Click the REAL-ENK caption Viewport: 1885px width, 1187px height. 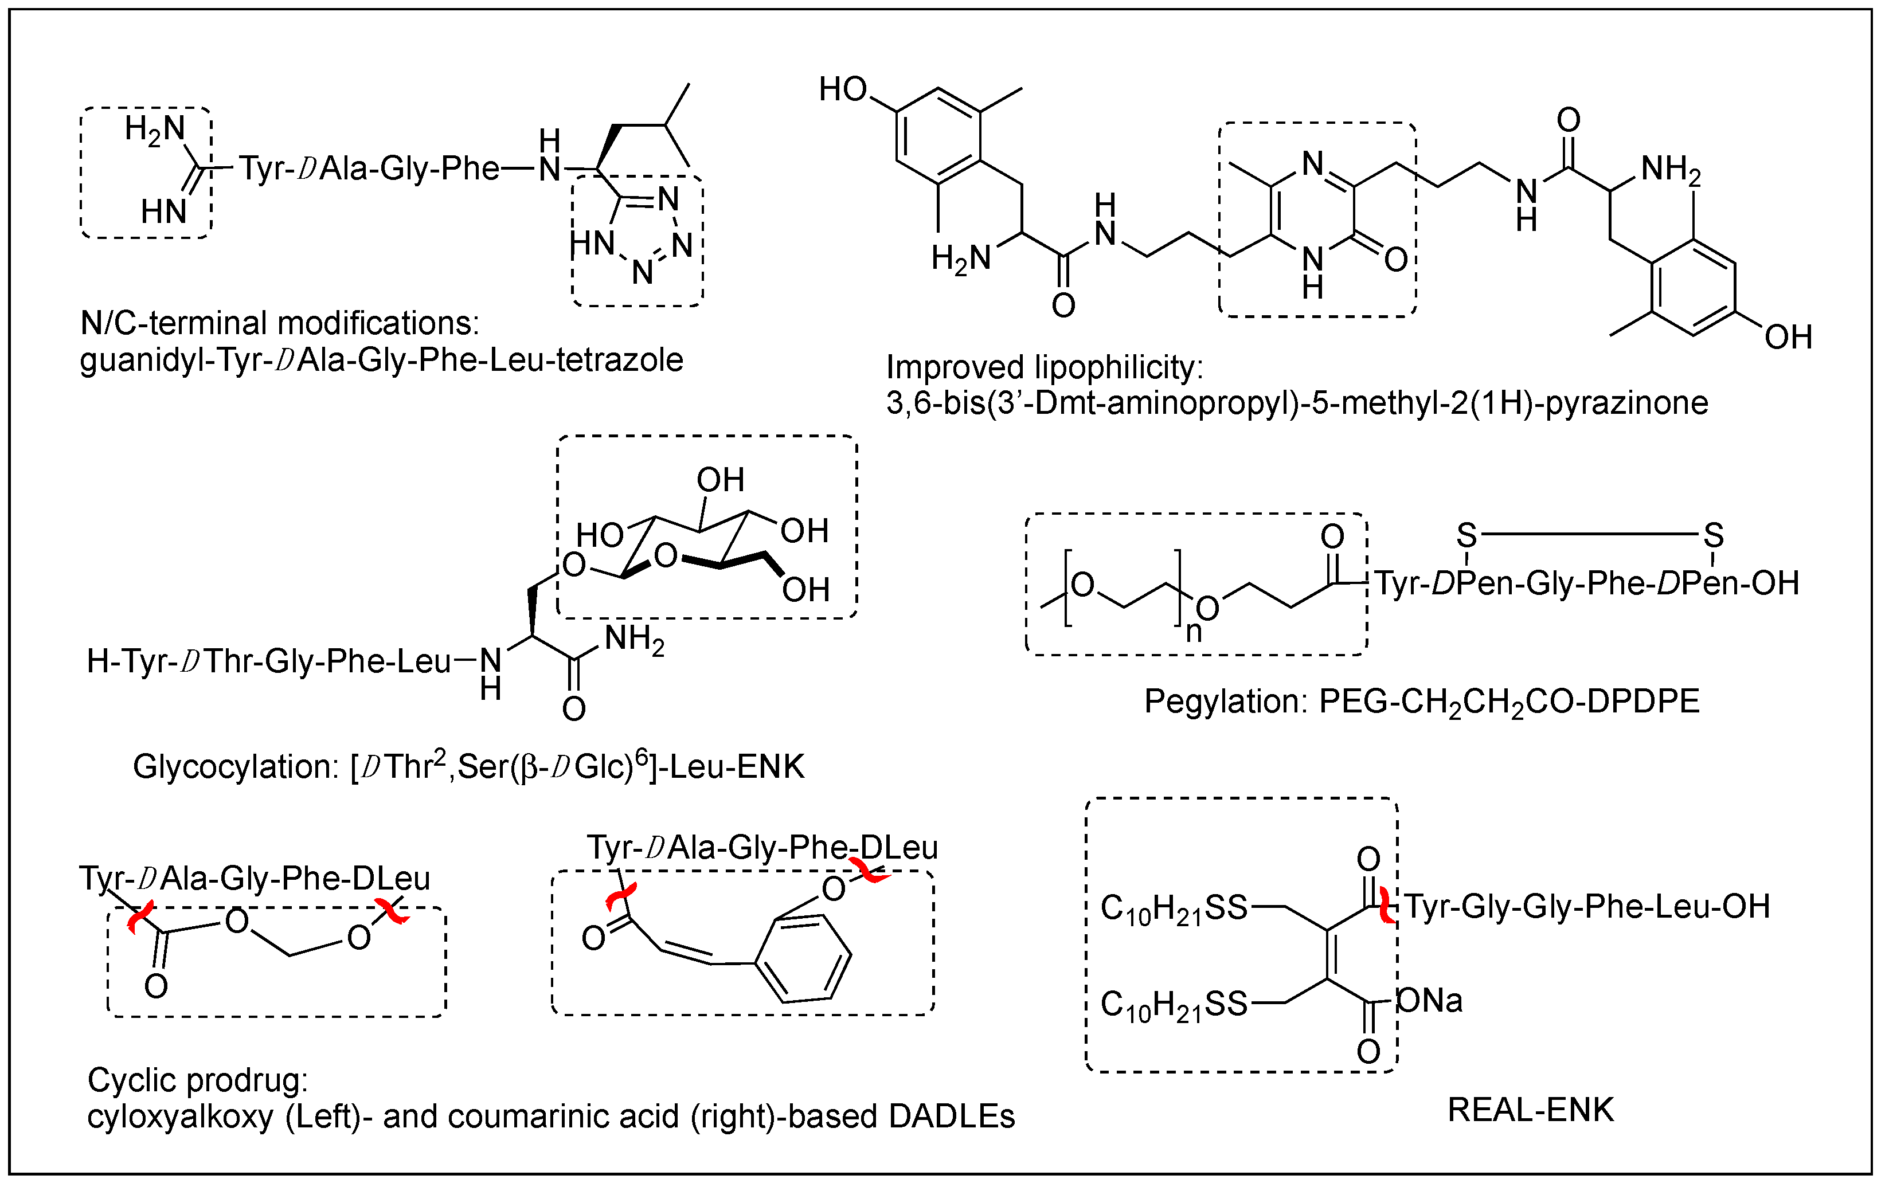tap(1530, 1110)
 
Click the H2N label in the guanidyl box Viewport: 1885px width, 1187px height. tap(155, 130)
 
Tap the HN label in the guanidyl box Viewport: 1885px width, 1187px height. tap(163, 211)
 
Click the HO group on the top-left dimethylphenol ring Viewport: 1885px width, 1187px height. tap(843, 89)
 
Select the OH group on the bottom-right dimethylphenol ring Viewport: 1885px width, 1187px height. tap(1788, 337)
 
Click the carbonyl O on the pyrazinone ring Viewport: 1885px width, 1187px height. tap(1396, 259)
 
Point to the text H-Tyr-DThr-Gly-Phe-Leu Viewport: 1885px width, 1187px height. tap(268, 662)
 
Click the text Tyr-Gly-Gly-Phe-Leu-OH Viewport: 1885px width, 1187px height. tap(1587, 907)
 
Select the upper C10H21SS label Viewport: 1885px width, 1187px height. tap(1174, 908)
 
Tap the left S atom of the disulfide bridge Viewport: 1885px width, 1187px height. tap(1466, 536)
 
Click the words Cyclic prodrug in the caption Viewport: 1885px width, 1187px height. tap(197, 1080)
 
